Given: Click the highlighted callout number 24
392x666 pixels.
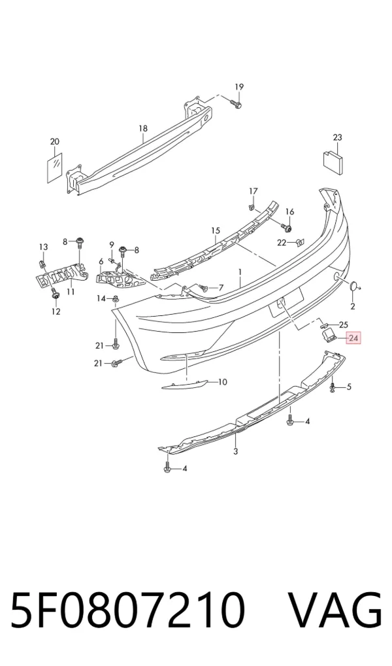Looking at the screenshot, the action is tap(353, 338).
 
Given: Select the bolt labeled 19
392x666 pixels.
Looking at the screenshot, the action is tap(235, 103).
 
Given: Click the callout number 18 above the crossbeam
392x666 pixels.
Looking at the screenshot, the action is tap(142, 128).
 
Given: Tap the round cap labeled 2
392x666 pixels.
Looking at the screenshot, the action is tap(353, 287).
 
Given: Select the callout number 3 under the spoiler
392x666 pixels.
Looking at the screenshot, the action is tap(236, 451).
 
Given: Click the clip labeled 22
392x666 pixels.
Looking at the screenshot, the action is tap(299, 243).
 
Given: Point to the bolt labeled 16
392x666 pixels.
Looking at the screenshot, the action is tap(288, 228).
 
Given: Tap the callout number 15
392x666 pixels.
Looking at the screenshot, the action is tap(216, 231).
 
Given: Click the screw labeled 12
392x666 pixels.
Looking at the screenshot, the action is tap(54, 293).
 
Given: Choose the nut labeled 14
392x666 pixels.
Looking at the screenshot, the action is tap(116, 300).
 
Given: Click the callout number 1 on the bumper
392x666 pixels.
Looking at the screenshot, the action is tap(240, 271).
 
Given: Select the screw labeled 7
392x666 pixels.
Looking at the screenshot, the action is tap(203, 289).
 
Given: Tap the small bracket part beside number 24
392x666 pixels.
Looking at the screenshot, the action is tap(327, 336).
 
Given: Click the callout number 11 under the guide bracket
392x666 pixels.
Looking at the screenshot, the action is tap(71, 291).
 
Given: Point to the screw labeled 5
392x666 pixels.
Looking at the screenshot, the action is tap(333, 387).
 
